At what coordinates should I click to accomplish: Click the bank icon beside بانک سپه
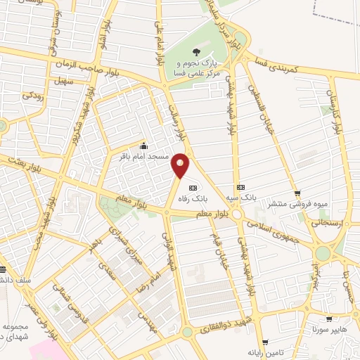(x=241, y=187)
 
